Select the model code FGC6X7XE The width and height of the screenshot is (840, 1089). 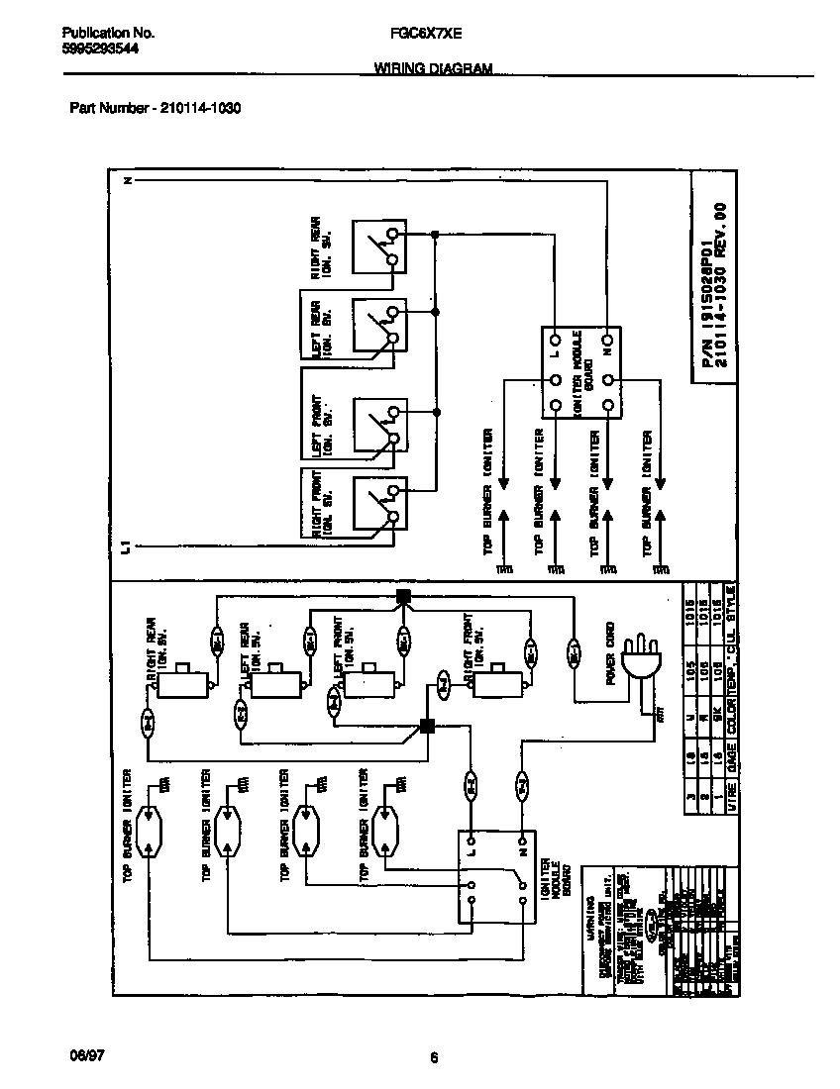[x=420, y=33]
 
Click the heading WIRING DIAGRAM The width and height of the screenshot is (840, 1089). [x=434, y=68]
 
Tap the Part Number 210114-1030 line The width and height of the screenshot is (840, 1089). [x=156, y=109]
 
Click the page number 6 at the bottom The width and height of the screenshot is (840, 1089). [x=434, y=1057]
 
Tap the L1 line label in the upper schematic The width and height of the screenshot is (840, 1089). [x=126, y=547]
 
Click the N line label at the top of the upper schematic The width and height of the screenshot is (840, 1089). [x=127, y=181]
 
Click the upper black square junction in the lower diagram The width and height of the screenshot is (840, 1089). [x=403, y=596]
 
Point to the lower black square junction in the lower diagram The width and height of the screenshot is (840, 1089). [x=428, y=726]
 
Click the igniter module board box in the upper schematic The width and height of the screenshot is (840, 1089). [x=580, y=372]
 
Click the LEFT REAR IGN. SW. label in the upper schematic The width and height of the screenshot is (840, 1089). [x=322, y=329]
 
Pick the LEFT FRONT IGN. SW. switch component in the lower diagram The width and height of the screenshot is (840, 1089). [x=367, y=682]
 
